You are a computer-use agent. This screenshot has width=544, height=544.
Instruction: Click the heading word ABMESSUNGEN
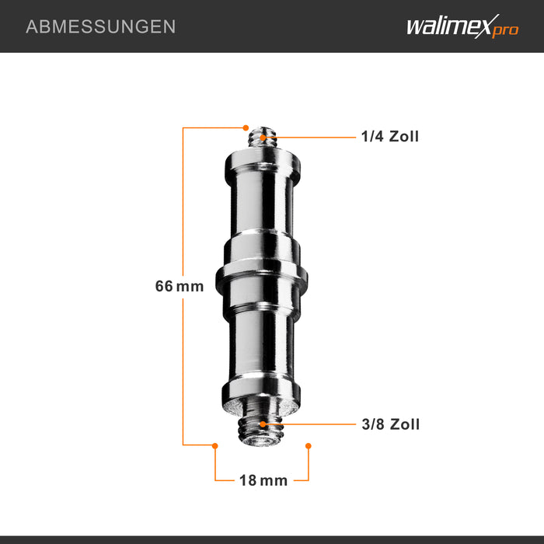101,26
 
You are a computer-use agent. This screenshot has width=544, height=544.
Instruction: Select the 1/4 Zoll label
389,137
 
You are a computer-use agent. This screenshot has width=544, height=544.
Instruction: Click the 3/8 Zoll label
389,424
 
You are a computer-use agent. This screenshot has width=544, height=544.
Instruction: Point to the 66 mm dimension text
179,286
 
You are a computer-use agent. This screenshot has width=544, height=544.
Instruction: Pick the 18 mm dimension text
263,480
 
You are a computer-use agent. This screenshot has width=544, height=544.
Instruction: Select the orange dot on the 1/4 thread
263,138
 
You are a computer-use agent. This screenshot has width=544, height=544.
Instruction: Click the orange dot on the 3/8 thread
263,424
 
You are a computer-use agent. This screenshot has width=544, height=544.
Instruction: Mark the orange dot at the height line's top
246,127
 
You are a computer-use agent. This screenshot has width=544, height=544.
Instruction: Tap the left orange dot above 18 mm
215,445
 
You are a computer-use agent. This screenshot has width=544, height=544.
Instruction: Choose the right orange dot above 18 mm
309,445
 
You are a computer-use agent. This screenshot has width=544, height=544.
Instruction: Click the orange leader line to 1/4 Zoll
311,138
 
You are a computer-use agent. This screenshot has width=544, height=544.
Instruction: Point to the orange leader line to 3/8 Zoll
311,424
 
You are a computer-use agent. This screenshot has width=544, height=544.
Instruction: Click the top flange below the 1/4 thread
263,162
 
